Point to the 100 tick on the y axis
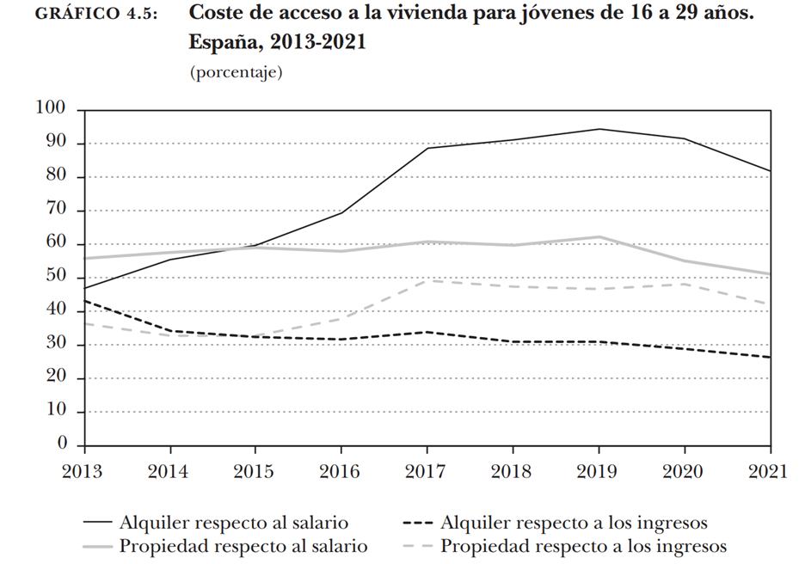pyautogui.click(x=51, y=108)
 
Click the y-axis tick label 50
pyautogui.click(x=56, y=277)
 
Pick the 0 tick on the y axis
pyautogui.click(x=62, y=444)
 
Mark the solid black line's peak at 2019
pyautogui.click(x=599, y=129)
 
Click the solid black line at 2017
pyautogui.click(x=427, y=149)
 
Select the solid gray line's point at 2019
pyautogui.click(x=599, y=236)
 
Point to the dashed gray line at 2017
pyautogui.click(x=427, y=280)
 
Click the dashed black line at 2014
pyautogui.click(x=169, y=331)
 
